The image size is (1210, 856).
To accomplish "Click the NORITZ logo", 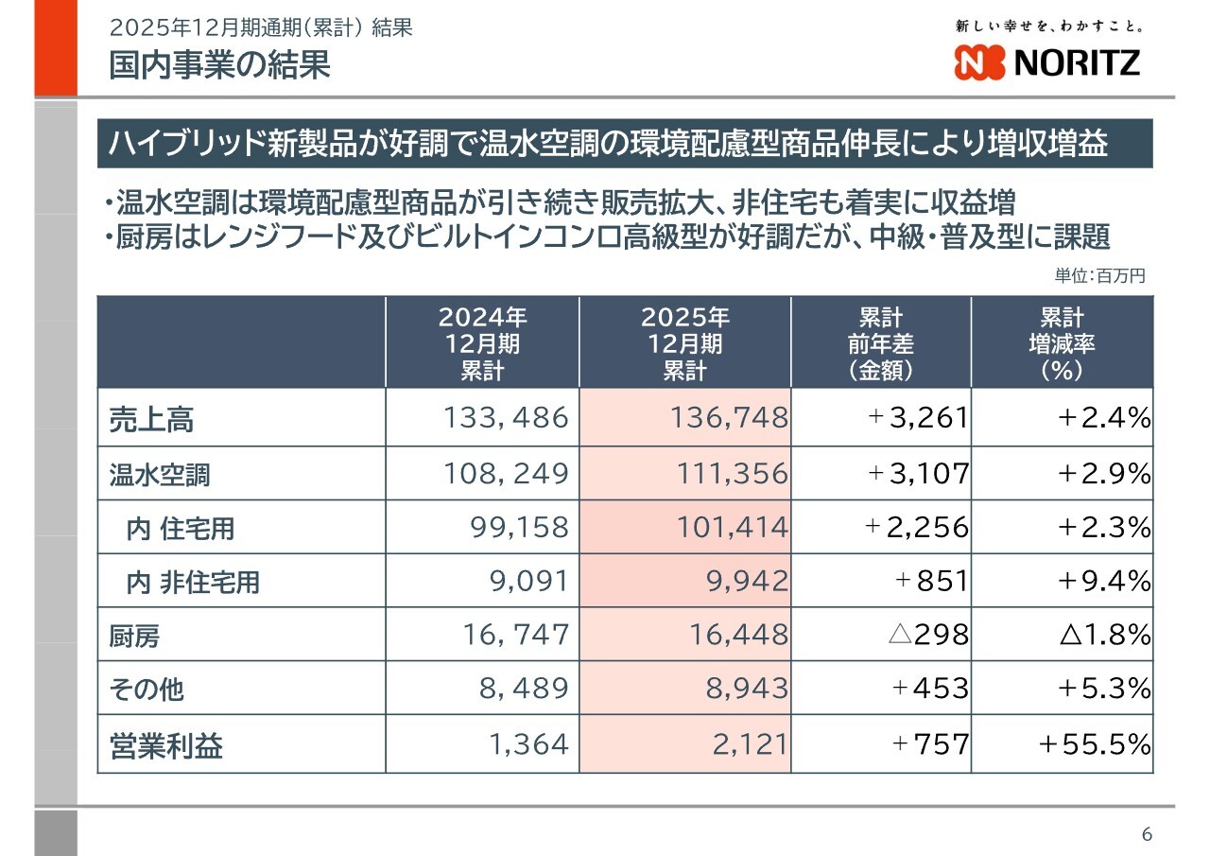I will pyautogui.click(x=1047, y=62).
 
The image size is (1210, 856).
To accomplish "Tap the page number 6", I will pyautogui.click(x=1147, y=834).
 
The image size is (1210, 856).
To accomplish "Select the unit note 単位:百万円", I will pyautogui.click(x=1099, y=276).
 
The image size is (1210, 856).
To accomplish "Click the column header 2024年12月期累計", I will pyautogui.click(x=482, y=342).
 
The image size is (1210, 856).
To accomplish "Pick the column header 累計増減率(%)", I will pyautogui.click(x=1062, y=342).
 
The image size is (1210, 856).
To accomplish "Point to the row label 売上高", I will pyautogui.click(x=151, y=419).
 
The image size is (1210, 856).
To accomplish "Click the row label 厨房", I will pyautogui.click(x=134, y=636).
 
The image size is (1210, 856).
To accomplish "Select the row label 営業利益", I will pyautogui.click(x=166, y=746).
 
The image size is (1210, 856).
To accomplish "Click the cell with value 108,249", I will pyautogui.click(x=507, y=473).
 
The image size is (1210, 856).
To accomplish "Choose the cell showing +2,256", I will pyautogui.click(x=917, y=527).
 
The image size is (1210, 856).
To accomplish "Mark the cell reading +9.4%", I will pyautogui.click(x=1103, y=581).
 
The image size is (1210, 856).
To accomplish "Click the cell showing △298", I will pyautogui.click(x=928, y=635).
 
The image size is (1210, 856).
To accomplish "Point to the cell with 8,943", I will pyautogui.click(x=746, y=689).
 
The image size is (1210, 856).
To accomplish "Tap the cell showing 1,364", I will pyautogui.click(x=529, y=745).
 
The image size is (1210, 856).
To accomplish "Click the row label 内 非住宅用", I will pyautogui.click(x=193, y=582).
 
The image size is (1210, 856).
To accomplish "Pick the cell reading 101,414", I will pyautogui.click(x=732, y=527).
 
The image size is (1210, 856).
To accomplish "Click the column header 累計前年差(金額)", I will pyautogui.click(x=880, y=342).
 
